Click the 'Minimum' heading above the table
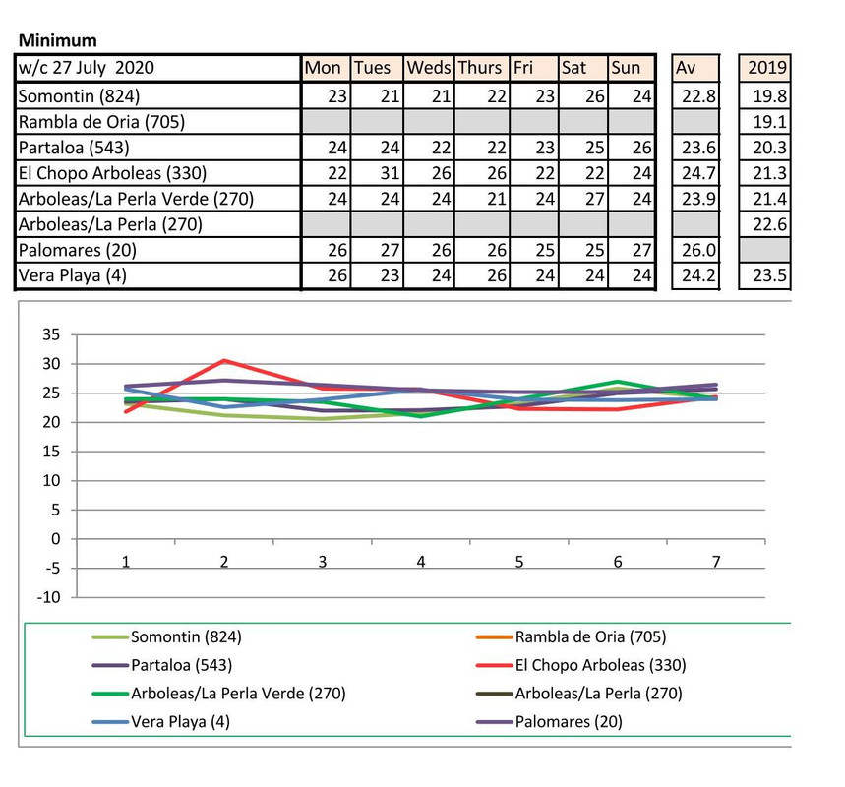(58, 40)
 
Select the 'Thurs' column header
(479, 68)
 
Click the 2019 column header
(767, 68)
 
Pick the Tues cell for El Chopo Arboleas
(378, 173)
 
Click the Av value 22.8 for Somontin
(694, 95)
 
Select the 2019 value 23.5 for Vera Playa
(767, 276)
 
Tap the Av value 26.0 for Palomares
(694, 251)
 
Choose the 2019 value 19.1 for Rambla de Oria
(767, 122)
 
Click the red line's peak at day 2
(224, 361)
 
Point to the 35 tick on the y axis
(51, 334)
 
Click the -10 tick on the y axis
(49, 597)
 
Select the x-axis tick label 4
(421, 562)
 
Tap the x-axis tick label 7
(716, 562)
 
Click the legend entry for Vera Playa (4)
(172, 721)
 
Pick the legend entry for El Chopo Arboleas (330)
(600, 665)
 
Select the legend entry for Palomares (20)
(569, 721)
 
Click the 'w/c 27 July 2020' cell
(87, 68)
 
